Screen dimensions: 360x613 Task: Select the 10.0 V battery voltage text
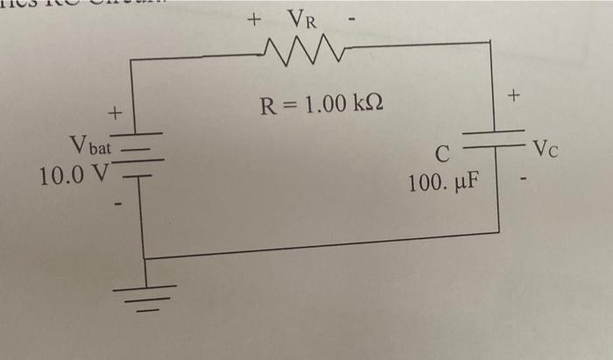[x=72, y=174]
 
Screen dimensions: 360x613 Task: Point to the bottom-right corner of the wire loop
[x=498, y=231]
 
